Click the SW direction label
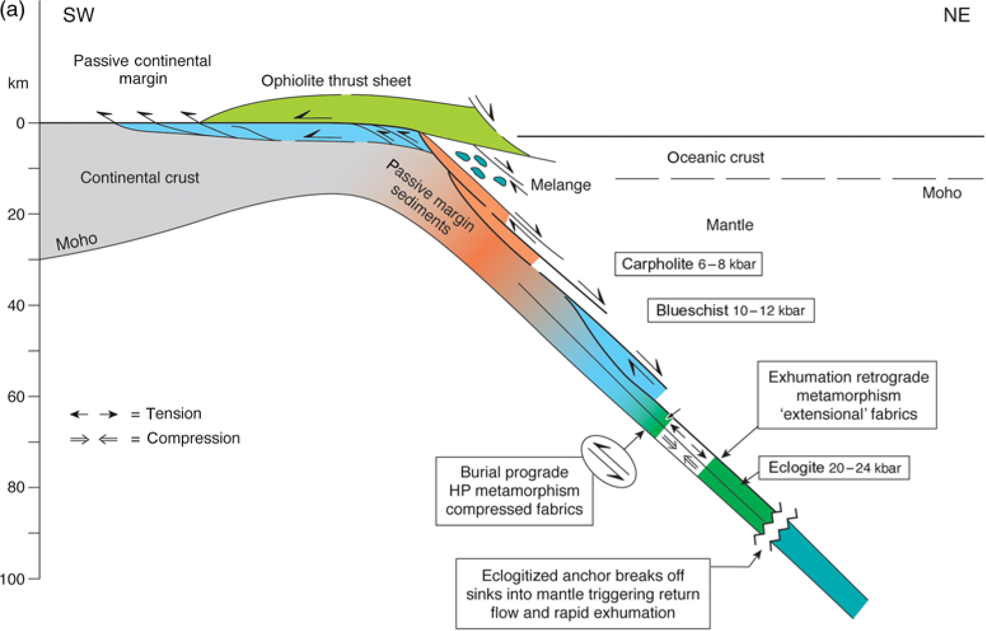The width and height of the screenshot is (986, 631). tap(78, 15)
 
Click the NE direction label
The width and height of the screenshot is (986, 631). tap(956, 15)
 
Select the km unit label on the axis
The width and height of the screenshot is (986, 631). tap(18, 83)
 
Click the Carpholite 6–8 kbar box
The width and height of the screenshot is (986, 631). tap(688, 264)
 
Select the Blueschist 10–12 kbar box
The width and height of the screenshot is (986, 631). tap(730, 310)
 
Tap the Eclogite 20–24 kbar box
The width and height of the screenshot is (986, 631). tap(834, 468)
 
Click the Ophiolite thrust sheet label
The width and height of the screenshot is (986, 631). tap(336, 81)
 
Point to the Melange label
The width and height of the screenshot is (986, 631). tap(560, 185)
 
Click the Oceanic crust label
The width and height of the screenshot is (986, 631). tap(715, 157)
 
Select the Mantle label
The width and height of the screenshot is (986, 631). tap(730, 225)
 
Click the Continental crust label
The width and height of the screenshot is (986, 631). tap(139, 177)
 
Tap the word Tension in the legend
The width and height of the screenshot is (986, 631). tap(174, 413)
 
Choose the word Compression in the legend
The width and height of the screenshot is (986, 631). tap(193, 438)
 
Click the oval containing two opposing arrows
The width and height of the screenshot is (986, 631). tap(609, 461)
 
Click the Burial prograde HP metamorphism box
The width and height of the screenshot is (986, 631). tap(514, 490)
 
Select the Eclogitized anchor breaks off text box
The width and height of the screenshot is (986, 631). tap(583, 593)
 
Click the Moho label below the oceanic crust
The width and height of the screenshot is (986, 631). tap(941, 193)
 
